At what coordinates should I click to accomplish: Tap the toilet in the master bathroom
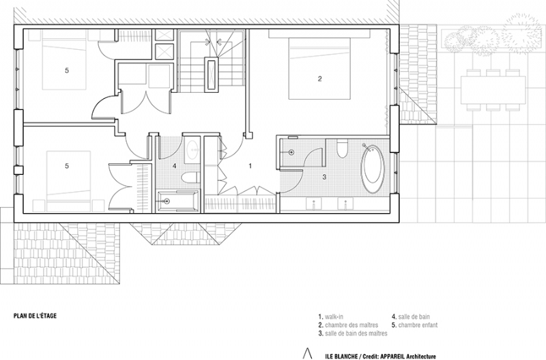[x=343, y=148]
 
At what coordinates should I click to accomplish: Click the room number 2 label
[x=319, y=79]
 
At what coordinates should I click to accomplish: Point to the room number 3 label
[x=324, y=178]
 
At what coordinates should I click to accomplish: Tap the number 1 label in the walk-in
[x=249, y=165]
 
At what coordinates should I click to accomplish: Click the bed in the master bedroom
[x=319, y=68]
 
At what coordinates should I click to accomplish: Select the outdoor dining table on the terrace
[x=493, y=89]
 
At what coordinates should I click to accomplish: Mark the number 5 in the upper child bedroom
[x=67, y=70]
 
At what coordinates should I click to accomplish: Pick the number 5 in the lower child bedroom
[x=67, y=165]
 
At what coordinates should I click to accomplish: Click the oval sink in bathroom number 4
[x=192, y=149]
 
